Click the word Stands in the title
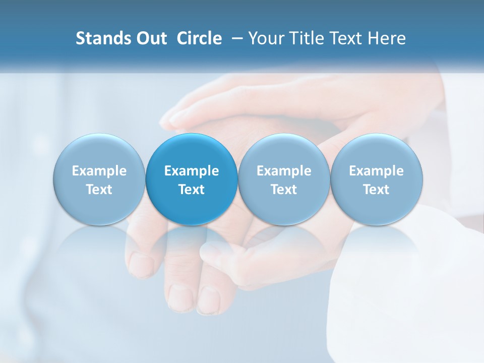click(x=101, y=38)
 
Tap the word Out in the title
click(x=150, y=38)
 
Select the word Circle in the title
click(x=199, y=38)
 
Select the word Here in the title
click(x=386, y=38)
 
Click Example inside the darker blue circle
click(x=192, y=171)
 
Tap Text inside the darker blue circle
click(x=192, y=190)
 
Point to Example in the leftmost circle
click(x=99, y=171)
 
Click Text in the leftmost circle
click(x=99, y=190)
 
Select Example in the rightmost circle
click(x=377, y=171)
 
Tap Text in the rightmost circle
click(x=377, y=190)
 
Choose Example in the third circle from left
click(x=284, y=171)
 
